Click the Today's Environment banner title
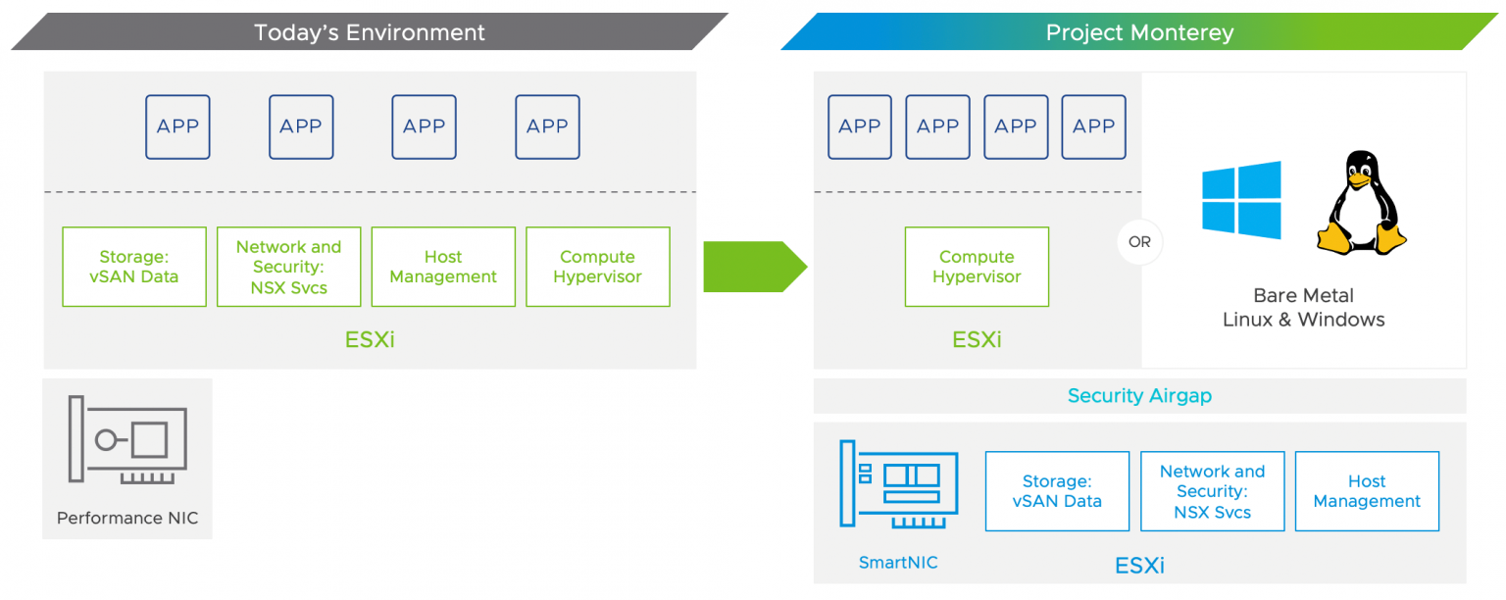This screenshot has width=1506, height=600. [369, 32]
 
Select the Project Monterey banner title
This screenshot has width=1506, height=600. [1139, 32]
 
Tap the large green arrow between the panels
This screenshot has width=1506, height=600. [755, 267]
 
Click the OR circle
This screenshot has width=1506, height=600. [1139, 242]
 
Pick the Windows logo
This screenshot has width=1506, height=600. [1241, 200]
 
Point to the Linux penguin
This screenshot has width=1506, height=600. [1361, 203]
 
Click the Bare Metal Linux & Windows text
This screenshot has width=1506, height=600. [1304, 308]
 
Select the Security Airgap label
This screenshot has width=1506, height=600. [1139, 395]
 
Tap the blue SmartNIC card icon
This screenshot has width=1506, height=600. [899, 484]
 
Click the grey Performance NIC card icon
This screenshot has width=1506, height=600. [127, 439]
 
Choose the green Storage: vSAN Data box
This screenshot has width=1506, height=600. [134, 267]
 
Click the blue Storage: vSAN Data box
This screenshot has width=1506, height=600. [1058, 491]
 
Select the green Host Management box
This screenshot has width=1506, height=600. [444, 267]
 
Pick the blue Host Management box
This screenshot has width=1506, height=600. [1368, 491]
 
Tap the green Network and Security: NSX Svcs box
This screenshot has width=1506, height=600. [289, 267]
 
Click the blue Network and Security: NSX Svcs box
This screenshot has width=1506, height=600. [1213, 491]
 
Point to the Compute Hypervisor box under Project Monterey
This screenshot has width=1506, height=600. [977, 267]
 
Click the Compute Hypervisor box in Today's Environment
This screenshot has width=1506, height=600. [598, 267]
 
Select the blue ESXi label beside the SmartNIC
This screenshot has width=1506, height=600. [1139, 565]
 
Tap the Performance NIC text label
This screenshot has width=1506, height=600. [127, 518]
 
